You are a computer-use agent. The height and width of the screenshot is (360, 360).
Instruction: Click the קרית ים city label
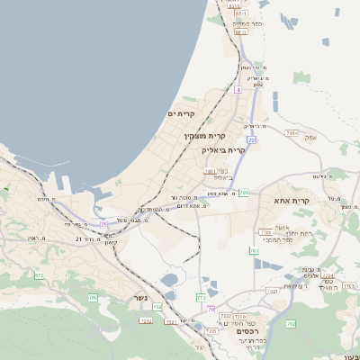click(181, 114)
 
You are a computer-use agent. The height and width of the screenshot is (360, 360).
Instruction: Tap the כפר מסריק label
click(247, 22)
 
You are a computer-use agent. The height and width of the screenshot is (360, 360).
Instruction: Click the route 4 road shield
click(238, 90)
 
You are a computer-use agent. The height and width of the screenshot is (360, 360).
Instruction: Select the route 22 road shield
click(253, 140)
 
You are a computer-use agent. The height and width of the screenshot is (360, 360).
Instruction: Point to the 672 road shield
click(40, 275)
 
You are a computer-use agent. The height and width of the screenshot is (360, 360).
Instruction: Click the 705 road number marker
click(92, 297)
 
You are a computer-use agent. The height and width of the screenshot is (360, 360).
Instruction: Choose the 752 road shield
click(157, 307)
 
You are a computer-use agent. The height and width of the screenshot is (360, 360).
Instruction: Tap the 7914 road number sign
click(291, 133)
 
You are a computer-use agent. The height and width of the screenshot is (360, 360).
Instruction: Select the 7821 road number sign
click(273, 290)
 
